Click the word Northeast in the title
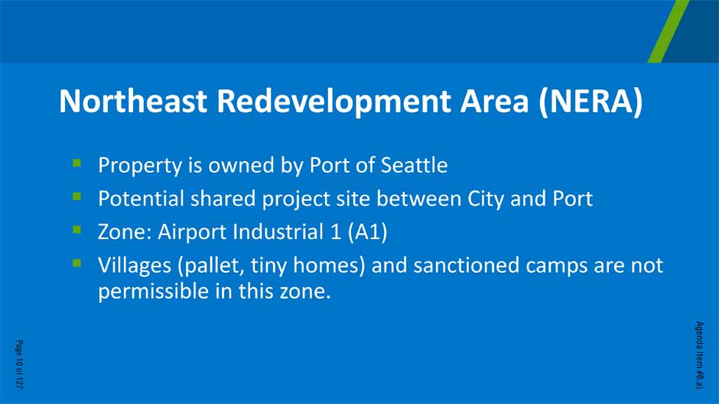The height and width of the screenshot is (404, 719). [x=133, y=101]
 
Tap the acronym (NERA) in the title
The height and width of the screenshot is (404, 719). [x=591, y=102]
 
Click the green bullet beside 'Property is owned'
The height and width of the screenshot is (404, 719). [x=76, y=163]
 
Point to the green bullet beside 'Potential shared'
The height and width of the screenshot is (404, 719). [x=76, y=196]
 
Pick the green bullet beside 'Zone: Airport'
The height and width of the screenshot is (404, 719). [x=76, y=229]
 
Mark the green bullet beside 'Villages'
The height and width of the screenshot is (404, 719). [x=76, y=263]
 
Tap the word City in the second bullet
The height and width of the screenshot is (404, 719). [x=486, y=199]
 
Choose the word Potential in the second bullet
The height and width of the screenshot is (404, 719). [x=141, y=199]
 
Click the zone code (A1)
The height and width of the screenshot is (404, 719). [x=367, y=231]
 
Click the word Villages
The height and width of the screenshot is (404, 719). [x=135, y=266]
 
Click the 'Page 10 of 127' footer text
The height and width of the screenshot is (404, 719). [x=19, y=364]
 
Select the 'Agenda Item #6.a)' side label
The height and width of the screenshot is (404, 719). [x=699, y=355]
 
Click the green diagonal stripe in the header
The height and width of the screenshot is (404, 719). [x=668, y=31]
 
